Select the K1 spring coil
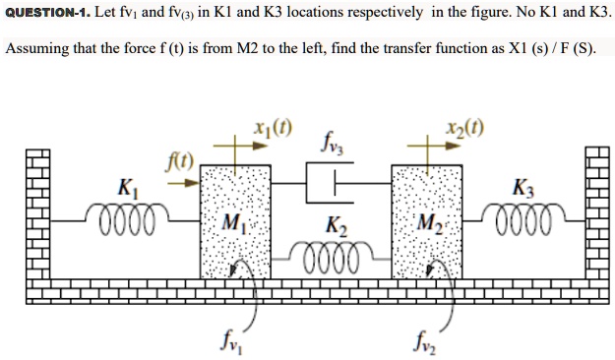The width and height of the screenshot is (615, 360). coord(123,213)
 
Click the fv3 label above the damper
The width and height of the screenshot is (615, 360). coord(330,148)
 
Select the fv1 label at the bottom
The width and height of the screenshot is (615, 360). coord(227,344)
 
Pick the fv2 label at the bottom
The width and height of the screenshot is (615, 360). coord(423,344)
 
